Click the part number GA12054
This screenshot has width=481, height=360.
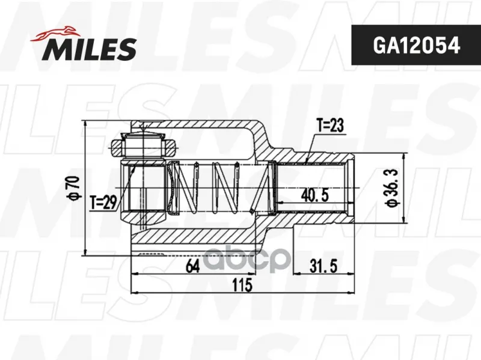(x=416, y=46)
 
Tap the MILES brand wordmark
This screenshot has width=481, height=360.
(x=91, y=49)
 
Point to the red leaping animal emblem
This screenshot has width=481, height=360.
(x=55, y=34)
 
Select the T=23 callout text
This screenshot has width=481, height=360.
(x=330, y=126)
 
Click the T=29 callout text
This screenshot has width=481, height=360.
(x=103, y=203)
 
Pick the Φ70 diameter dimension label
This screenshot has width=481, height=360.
(x=75, y=189)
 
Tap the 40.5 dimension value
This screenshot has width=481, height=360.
(x=314, y=195)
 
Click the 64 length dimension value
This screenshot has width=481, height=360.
(x=192, y=266)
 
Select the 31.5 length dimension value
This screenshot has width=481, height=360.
(x=323, y=266)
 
